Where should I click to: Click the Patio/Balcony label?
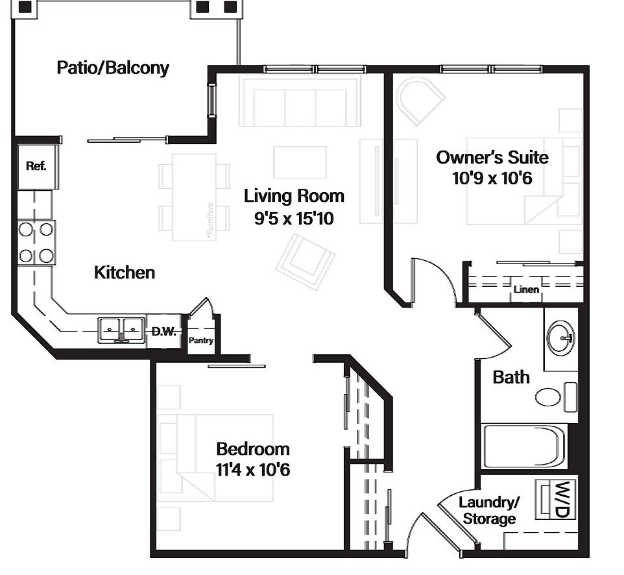click(113, 68)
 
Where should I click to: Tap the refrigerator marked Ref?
click(38, 166)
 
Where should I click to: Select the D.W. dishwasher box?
click(163, 331)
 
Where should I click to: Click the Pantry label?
click(201, 341)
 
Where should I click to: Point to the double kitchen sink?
click(122, 330)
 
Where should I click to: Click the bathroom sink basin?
click(560, 337)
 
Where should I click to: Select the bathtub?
click(523, 446)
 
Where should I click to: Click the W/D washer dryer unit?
click(555, 499)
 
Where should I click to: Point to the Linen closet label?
click(526, 289)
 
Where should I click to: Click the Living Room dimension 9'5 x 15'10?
click(294, 219)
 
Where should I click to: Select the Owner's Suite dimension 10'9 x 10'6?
click(492, 178)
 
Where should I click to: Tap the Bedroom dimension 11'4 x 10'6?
click(253, 470)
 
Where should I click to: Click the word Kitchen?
click(125, 273)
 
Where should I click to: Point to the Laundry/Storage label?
click(490, 511)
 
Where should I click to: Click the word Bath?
click(511, 377)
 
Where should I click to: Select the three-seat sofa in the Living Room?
click(300, 101)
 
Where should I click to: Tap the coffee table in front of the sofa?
click(300, 162)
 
